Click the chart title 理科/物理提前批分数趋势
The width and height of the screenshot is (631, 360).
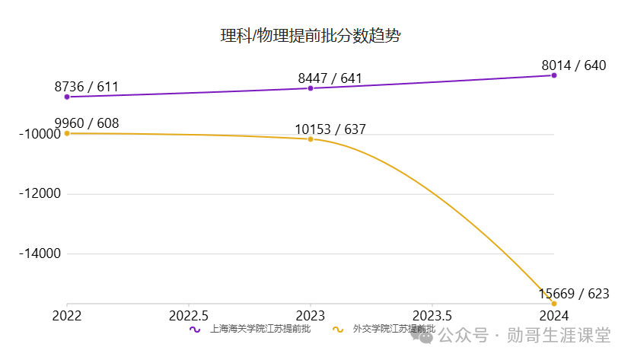310,36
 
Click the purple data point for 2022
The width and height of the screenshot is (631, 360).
67,97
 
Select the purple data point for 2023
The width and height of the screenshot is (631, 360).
311,88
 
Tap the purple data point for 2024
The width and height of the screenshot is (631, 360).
554,75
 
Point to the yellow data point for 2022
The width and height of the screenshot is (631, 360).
67,133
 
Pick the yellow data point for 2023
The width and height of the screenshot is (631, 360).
311,139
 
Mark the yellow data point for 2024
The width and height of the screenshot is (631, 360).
554,304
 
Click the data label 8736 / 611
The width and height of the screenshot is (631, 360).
87,86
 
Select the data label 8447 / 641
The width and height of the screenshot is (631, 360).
330,78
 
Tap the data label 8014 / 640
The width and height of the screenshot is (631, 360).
573,65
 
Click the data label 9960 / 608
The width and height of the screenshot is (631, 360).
87,123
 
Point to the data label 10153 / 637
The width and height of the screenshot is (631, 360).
330,129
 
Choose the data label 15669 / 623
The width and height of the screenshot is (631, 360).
573,293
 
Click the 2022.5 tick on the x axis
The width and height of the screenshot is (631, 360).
188,315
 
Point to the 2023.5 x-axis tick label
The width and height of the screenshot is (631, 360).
432,315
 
